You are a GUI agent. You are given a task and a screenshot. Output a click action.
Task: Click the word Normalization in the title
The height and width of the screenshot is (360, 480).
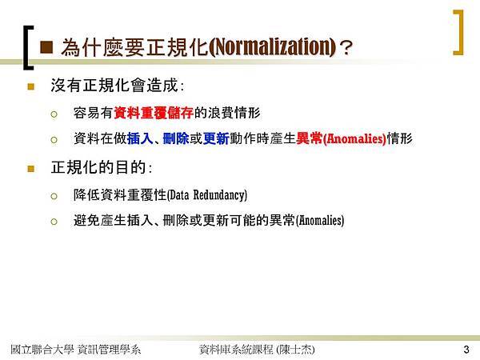point(274,47)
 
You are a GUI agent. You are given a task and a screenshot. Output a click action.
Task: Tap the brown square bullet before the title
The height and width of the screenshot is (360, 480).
point(46,47)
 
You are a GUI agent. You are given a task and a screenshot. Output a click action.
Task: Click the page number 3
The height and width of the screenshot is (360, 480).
point(466,350)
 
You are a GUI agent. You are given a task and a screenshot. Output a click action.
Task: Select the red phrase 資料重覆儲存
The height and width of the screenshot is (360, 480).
point(154,113)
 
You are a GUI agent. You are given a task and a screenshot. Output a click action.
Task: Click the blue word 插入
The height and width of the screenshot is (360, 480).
point(140,138)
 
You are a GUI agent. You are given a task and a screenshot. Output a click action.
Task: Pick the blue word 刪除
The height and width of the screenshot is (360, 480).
point(176,138)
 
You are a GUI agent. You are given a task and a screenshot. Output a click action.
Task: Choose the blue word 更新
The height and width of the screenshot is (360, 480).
point(216,138)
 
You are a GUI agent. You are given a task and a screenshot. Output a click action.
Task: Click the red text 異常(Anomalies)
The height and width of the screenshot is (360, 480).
point(342,138)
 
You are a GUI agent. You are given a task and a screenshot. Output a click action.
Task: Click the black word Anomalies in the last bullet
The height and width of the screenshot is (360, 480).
point(320,220)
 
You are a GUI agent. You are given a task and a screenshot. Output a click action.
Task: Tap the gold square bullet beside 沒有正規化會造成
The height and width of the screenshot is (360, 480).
point(31,86)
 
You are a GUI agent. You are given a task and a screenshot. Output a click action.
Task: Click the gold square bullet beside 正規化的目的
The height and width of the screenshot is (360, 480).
point(31,169)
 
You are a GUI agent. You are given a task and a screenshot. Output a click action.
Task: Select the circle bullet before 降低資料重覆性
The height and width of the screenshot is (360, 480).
point(54,196)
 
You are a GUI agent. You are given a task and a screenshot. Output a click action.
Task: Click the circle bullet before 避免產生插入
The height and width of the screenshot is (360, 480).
point(54,222)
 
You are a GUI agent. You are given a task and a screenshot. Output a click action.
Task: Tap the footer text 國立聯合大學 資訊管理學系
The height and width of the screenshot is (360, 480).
point(76,350)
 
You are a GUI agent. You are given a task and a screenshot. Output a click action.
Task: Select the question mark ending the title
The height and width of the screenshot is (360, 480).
point(346,48)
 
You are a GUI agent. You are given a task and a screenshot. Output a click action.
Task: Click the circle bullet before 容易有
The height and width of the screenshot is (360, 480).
point(54,114)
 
